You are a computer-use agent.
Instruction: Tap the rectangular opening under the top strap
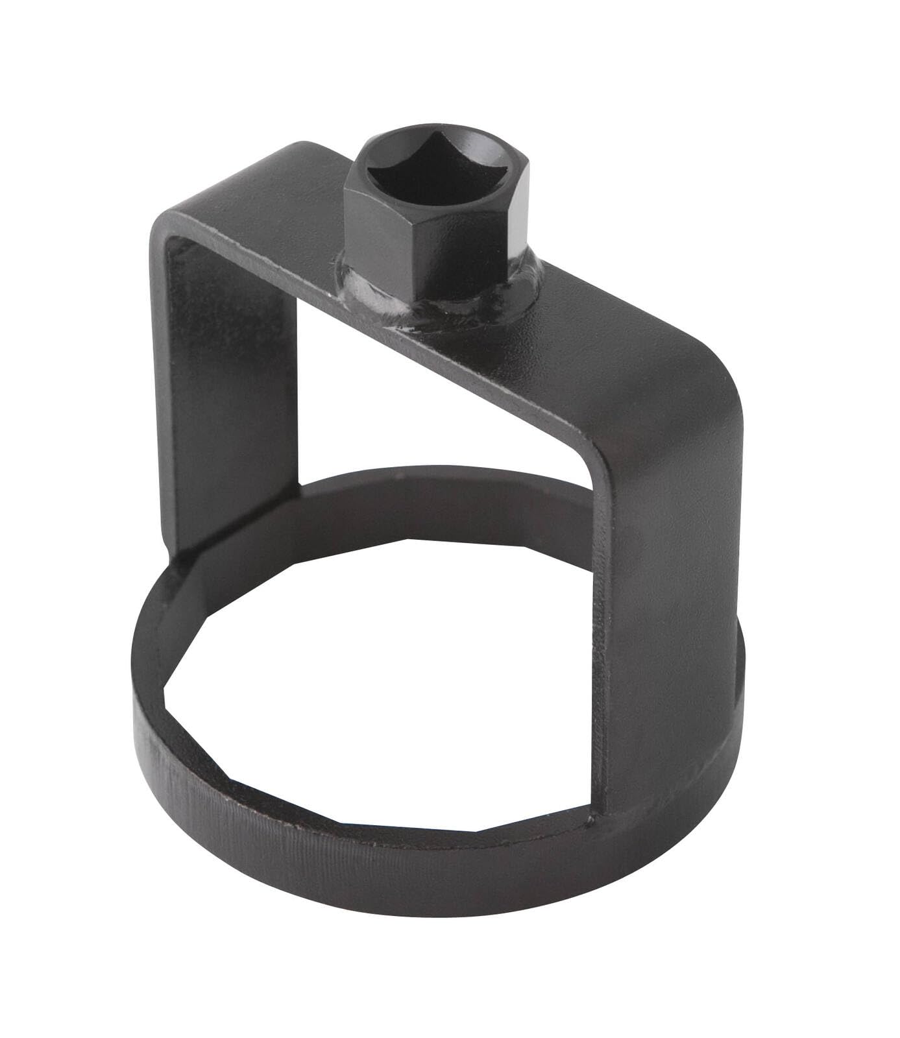402,402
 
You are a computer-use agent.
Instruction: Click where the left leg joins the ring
188,558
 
